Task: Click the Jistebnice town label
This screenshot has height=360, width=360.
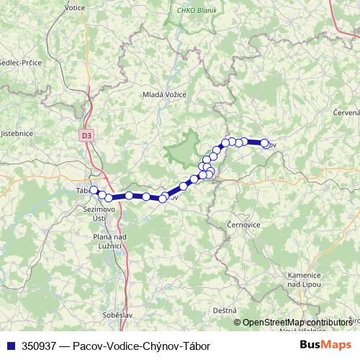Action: pos(17,133)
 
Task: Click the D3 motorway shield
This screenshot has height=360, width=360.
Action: pos(86,134)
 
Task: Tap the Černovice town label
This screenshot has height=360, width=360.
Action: pos(243,225)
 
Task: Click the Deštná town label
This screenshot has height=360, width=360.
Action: pos(225,310)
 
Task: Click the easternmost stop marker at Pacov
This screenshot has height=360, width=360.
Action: pos(264,143)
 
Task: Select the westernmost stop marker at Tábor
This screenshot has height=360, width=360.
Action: pos(93,190)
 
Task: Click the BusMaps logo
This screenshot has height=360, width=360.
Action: pos(325,346)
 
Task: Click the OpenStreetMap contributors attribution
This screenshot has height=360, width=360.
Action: pos(297,323)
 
